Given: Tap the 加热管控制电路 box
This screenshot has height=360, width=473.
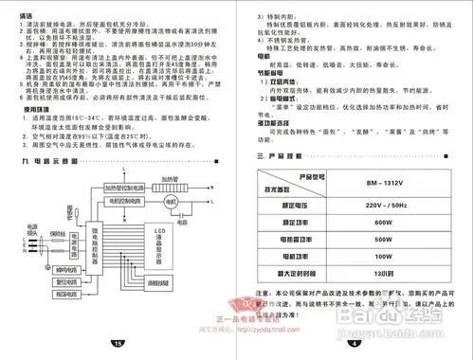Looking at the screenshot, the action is pos(126,215).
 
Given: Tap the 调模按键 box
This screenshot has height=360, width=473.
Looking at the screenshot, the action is pos(157,309).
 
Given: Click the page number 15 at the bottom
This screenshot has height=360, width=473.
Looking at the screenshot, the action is pos(118,344).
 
